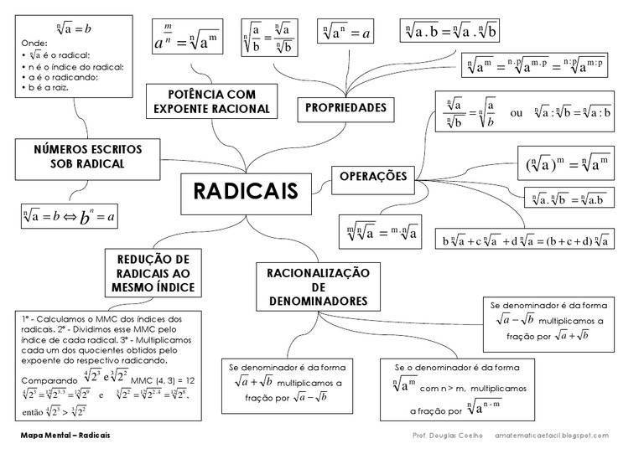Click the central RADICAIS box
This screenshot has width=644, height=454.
click(x=246, y=192)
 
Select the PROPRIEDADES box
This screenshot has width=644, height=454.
click(x=345, y=107)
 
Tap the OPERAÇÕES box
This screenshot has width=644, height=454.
click(x=373, y=176)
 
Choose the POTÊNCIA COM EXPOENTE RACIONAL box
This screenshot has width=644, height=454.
click(x=211, y=101)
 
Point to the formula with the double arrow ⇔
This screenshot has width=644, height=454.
click(x=70, y=218)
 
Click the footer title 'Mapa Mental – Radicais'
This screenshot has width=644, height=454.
click(x=67, y=436)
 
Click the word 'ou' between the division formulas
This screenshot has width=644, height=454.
click(x=517, y=113)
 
